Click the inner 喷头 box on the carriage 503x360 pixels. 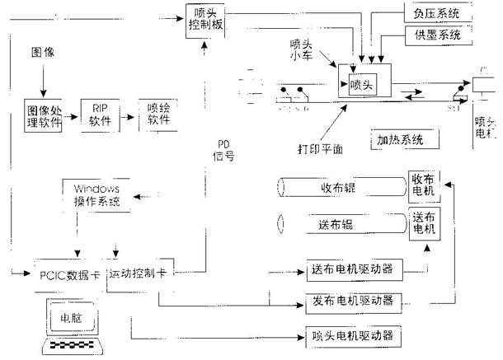tap(361, 84)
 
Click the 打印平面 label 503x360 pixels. tap(320, 148)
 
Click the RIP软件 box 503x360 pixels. tap(99, 114)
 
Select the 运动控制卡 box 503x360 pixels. tap(138, 273)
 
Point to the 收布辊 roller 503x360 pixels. tap(339, 188)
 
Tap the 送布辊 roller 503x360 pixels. tap(339, 224)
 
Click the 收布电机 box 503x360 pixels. tap(425, 188)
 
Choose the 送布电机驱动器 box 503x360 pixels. tap(354, 270)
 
